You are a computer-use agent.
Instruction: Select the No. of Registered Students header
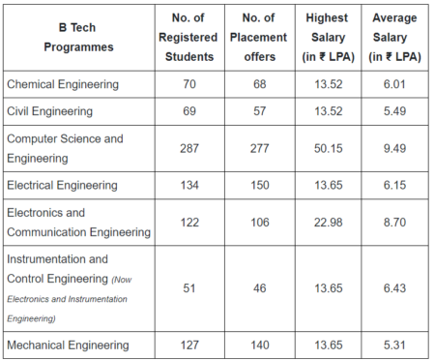[189, 36]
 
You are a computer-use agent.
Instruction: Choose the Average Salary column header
[393, 36]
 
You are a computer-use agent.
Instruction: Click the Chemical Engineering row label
[63, 84]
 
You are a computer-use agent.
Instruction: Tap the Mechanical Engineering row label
[68, 345]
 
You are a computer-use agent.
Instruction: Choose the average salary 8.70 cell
[393, 223]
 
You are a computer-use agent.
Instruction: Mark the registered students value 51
[189, 288]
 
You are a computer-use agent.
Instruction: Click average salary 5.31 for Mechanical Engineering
[393, 345]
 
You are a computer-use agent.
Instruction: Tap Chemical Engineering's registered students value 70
[189, 84]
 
